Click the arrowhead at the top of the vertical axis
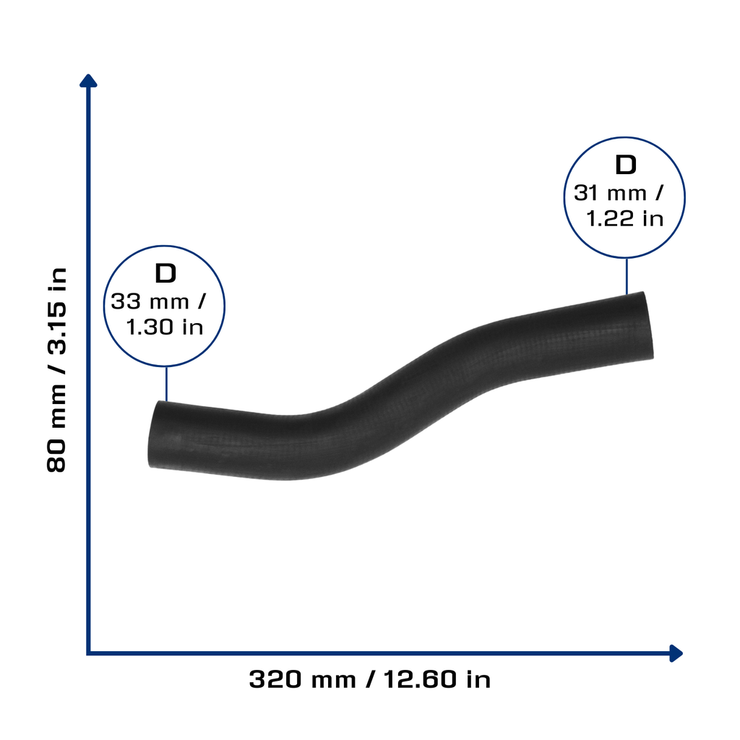[88, 81]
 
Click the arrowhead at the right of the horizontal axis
[676, 653]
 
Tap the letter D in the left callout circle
[165, 273]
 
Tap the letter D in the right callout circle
[626, 165]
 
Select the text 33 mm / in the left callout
[158, 301]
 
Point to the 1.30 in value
[165, 327]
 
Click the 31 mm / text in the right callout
[619, 193]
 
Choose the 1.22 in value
[625, 218]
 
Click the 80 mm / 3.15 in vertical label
[56, 369]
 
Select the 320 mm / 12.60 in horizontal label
[369, 679]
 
